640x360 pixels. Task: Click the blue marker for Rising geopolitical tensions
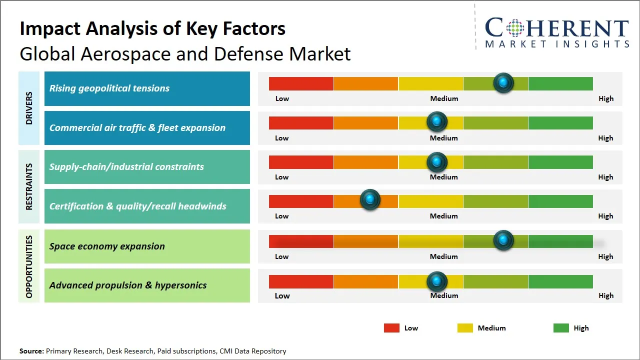tap(503, 82)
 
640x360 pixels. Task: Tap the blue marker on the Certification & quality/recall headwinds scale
tap(370, 200)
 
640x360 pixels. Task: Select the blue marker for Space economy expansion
tap(503, 240)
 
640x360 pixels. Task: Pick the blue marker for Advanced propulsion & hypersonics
tap(437, 281)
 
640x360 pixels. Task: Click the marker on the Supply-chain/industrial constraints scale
tap(437, 162)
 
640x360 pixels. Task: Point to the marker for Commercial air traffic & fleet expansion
tap(437, 121)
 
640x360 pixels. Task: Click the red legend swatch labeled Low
tap(391, 328)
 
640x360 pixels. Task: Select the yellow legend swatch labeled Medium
tap(465, 328)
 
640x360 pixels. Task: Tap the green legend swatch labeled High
tap(561, 328)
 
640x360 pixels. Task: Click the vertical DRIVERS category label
tap(29, 108)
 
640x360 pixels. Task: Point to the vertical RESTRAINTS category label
tap(29, 186)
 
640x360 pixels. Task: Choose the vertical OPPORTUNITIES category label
tap(29, 266)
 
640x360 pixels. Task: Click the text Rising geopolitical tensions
tap(109, 88)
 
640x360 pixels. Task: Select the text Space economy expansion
tap(107, 246)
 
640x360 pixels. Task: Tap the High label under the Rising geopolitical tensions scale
tap(605, 98)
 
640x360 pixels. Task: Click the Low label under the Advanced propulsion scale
tap(282, 295)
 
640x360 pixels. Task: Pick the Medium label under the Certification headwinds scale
tap(443, 216)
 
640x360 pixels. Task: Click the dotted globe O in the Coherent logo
tap(514, 28)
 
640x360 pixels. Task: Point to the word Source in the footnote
tap(31, 351)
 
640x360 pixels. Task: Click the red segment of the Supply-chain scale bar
tap(301, 162)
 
